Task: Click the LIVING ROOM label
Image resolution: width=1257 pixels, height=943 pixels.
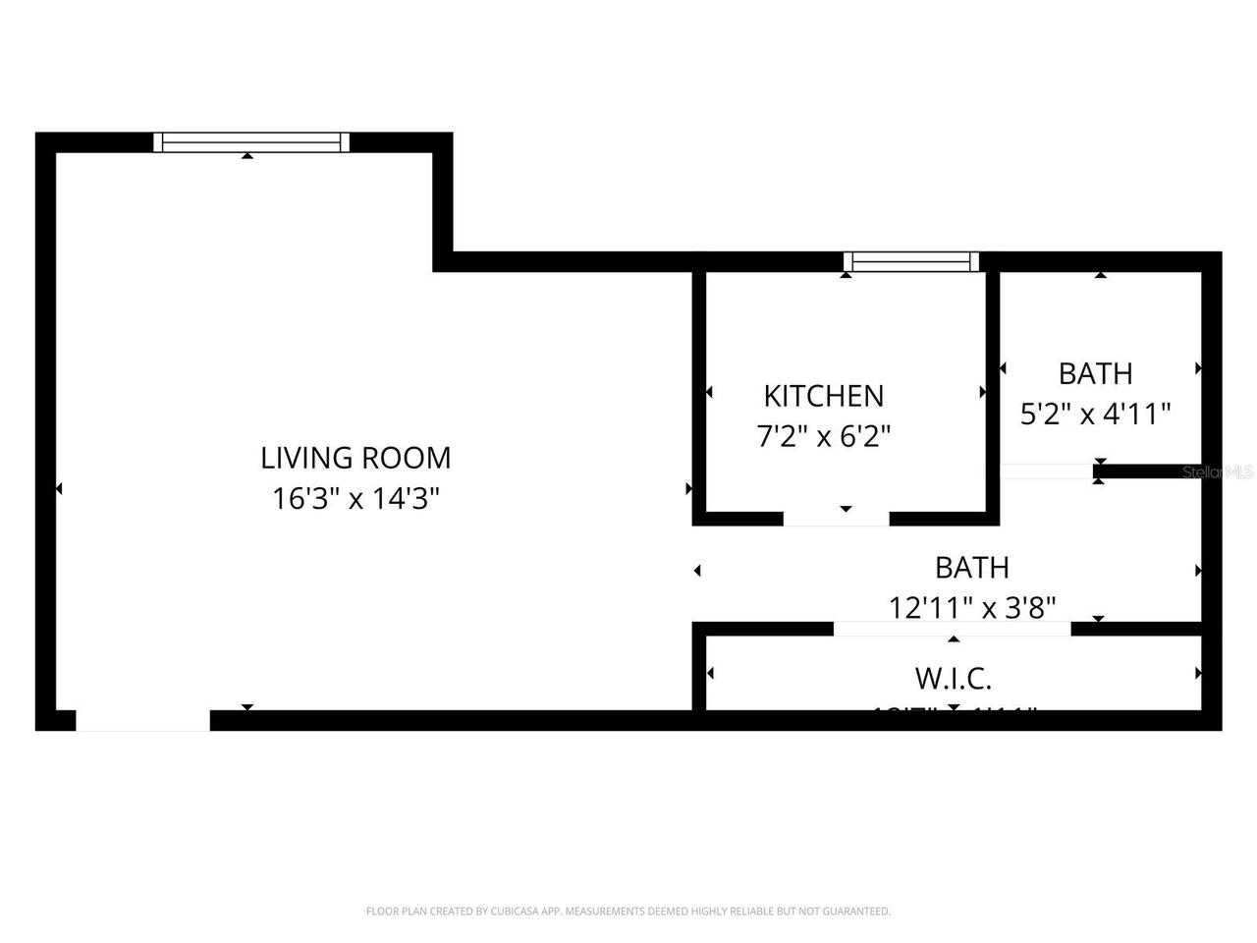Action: pyautogui.click(x=355, y=458)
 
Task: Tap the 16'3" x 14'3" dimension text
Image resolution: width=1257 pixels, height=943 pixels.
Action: pyautogui.click(x=355, y=499)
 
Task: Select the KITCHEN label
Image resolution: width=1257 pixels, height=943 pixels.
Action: pyautogui.click(x=823, y=396)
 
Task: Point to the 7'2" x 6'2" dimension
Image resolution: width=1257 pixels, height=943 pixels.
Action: pyautogui.click(x=823, y=436)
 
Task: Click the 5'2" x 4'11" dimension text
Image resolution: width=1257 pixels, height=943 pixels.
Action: pyautogui.click(x=1095, y=414)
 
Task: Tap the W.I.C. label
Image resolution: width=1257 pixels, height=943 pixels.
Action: pyautogui.click(x=953, y=678)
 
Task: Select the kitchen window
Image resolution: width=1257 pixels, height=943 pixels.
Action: pyautogui.click(x=911, y=261)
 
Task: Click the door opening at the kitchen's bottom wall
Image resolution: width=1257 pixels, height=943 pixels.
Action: pyautogui.click(x=836, y=519)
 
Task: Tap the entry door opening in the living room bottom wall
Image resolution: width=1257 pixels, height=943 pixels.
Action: pyautogui.click(x=143, y=721)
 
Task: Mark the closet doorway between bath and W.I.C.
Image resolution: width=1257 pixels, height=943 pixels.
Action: pyautogui.click(x=952, y=629)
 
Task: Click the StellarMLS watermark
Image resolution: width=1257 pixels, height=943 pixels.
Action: pyautogui.click(x=1218, y=472)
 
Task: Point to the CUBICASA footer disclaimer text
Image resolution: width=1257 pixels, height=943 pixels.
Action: pyautogui.click(x=628, y=912)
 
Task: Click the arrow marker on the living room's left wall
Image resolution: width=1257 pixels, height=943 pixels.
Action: pyautogui.click(x=59, y=488)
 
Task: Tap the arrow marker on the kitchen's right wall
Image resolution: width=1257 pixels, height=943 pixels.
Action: pyautogui.click(x=983, y=392)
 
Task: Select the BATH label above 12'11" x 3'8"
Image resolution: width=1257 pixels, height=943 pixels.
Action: pyautogui.click(x=972, y=568)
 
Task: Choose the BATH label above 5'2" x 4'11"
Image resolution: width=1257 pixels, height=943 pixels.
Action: pyautogui.click(x=1095, y=373)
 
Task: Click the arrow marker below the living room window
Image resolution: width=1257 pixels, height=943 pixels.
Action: pyautogui.click(x=247, y=155)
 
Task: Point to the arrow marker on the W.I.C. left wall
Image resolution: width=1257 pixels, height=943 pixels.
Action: pyautogui.click(x=710, y=673)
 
